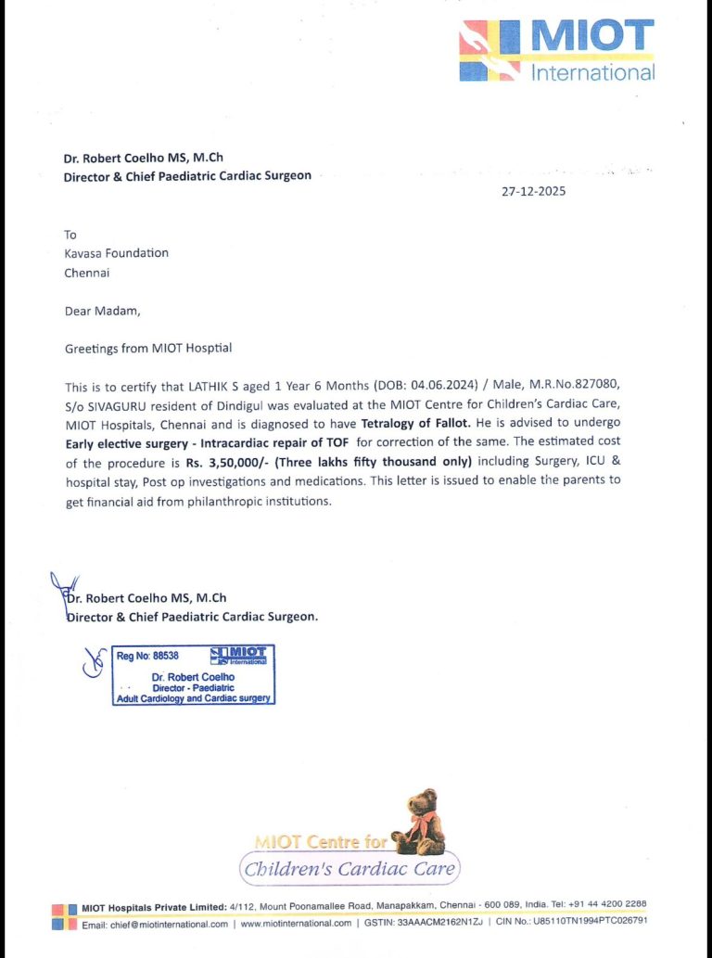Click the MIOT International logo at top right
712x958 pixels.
(x=557, y=50)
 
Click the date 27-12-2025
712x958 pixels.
(x=533, y=192)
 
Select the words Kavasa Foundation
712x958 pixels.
(x=116, y=253)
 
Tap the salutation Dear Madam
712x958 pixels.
(x=102, y=311)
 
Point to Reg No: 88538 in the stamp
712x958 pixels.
(x=146, y=656)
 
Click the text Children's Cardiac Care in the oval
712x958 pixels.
(x=350, y=869)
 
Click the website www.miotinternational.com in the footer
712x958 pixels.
(x=296, y=924)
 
